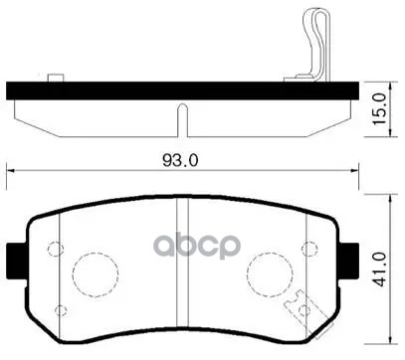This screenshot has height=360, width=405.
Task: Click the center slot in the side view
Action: click(x=179, y=117)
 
